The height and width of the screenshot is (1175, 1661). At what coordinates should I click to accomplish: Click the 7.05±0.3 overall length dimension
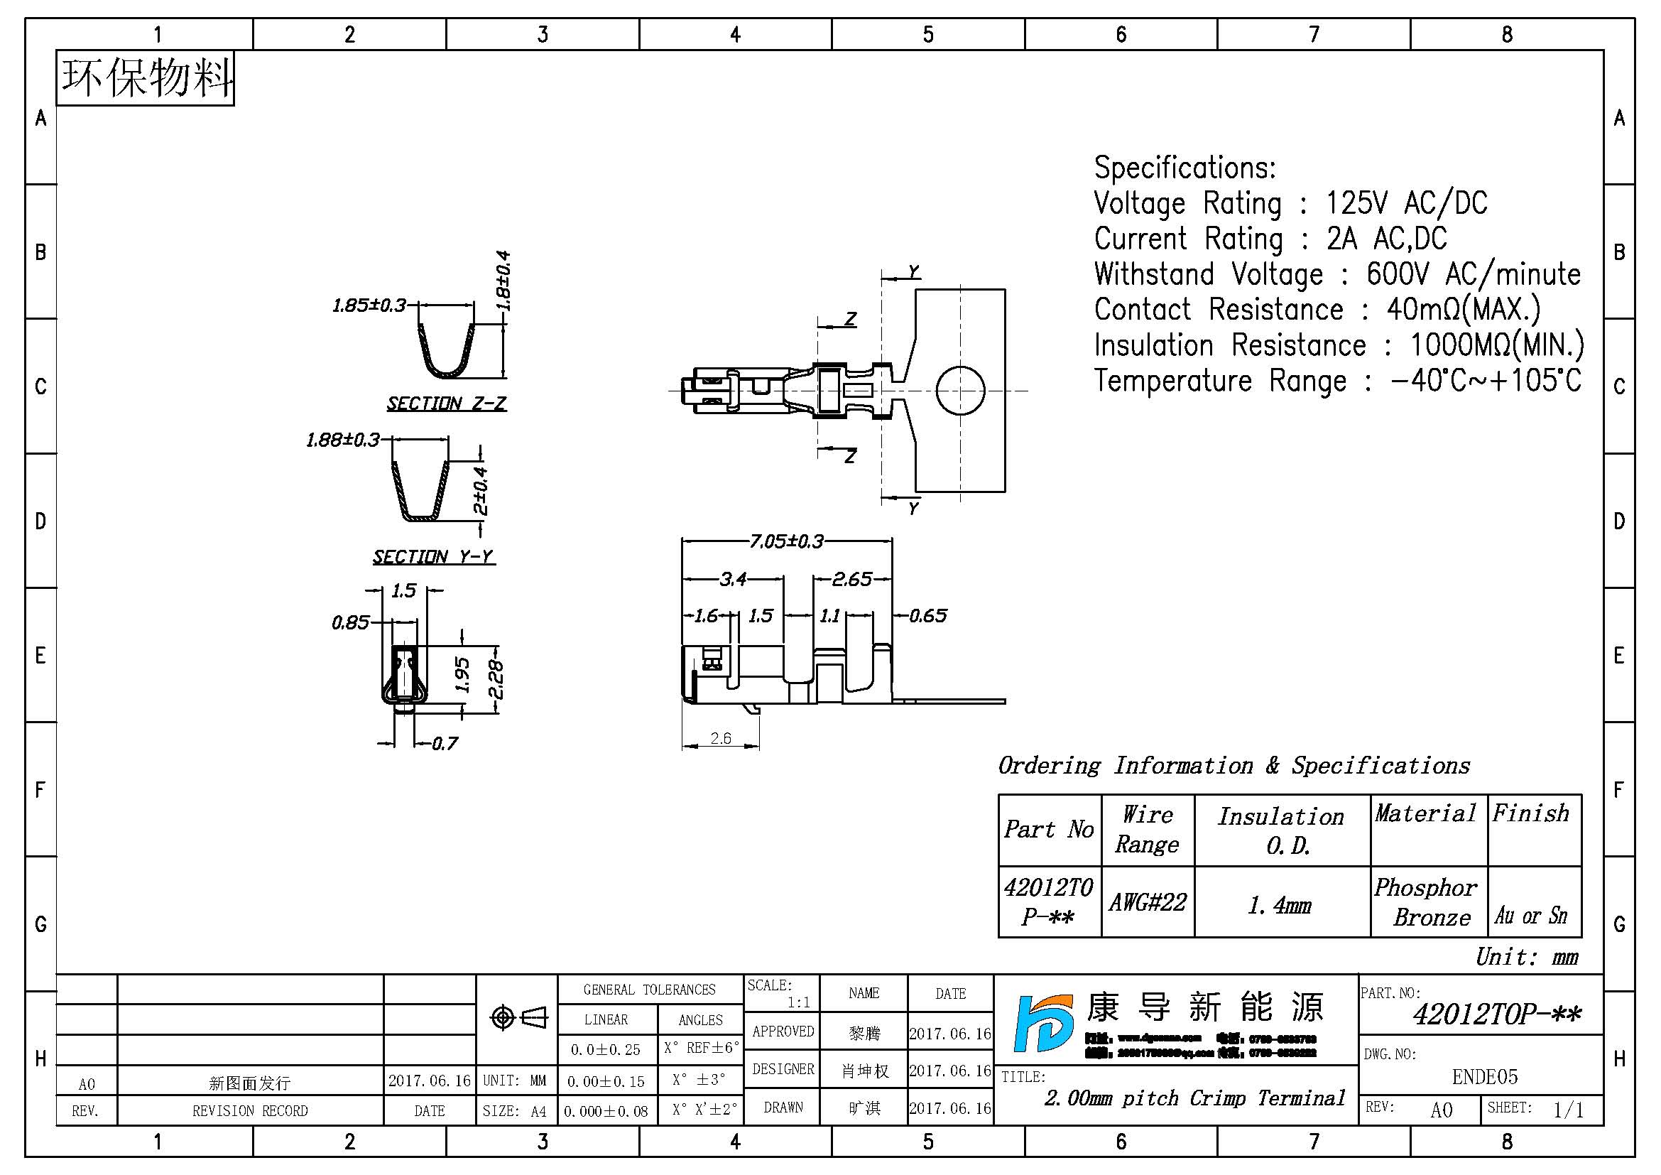pos(786,541)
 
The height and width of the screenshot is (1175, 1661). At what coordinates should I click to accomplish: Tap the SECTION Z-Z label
pos(447,403)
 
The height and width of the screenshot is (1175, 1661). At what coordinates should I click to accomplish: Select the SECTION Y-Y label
pos(433,556)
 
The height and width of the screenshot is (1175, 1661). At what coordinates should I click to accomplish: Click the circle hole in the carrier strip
pos(960,390)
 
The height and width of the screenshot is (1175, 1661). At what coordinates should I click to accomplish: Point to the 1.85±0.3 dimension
pos(369,305)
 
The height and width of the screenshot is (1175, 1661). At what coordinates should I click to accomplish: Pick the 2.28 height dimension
pos(496,679)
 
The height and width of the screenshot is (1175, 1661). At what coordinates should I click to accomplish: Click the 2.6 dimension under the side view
pos(721,738)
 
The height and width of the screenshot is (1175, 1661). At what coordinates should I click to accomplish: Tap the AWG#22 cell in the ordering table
pos(1148,902)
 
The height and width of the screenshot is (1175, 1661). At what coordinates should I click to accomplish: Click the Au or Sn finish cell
pos(1532,915)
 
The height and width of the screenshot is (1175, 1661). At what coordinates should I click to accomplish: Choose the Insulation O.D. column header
pos(1281,830)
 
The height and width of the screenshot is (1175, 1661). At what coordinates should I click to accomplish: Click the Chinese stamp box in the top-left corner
pos(146,78)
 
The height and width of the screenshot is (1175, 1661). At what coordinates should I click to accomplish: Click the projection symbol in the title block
pos(518,1018)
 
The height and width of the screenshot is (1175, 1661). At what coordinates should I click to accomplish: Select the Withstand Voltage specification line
pos(1337,274)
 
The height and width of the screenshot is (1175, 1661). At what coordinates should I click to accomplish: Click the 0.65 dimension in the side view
pos(927,616)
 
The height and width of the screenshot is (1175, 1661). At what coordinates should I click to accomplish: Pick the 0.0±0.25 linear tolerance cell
pos(606,1049)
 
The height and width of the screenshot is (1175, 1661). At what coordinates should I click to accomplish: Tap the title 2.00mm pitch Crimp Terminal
pos(1194,1098)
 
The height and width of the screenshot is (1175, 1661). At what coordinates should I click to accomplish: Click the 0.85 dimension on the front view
pos(350,622)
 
